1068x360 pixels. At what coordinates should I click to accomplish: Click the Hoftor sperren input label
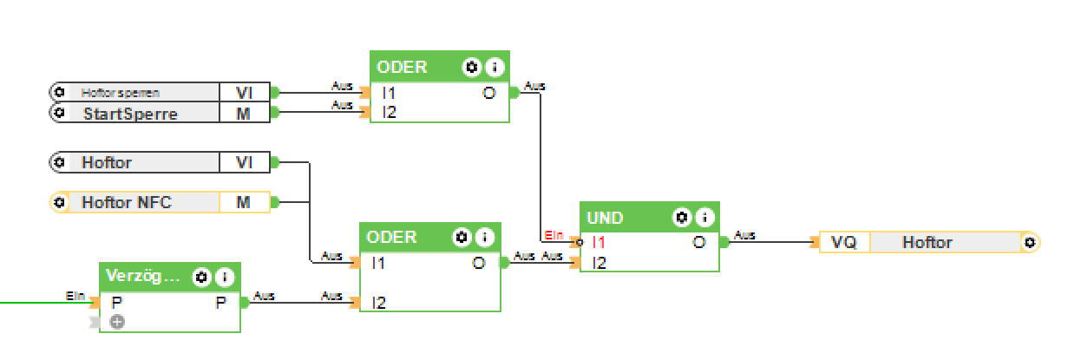coord(121,92)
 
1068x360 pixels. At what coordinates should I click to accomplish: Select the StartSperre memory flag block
coord(130,113)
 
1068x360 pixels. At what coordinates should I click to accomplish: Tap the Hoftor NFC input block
coord(127,203)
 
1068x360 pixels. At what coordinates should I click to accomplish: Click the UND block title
coord(605,217)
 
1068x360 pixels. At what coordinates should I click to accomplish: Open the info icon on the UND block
coord(705,217)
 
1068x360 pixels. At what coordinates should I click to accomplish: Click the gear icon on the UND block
coord(683,217)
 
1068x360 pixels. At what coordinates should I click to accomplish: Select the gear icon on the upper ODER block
coord(472,67)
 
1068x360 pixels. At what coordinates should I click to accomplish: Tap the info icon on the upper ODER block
coord(494,67)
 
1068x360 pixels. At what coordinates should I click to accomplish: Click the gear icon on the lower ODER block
coord(462,237)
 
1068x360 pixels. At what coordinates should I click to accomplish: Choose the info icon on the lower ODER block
coord(483,237)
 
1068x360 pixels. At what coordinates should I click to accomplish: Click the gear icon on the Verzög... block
coord(202,278)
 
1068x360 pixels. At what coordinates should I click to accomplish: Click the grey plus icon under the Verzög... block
coord(117,322)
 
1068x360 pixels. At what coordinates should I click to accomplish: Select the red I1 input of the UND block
coord(597,243)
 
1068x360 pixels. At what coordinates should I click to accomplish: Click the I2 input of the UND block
coord(597,262)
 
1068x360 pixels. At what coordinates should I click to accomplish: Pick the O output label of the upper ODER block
coord(489,93)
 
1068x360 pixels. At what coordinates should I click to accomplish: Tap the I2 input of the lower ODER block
coord(378,303)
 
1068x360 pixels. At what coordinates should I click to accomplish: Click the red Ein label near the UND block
coord(554,235)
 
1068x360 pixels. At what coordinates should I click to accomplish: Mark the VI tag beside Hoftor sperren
coord(244,92)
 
